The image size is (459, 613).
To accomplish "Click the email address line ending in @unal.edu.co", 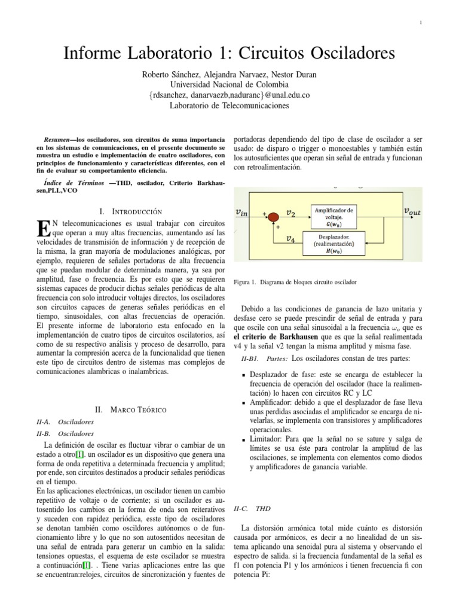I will tap(229, 95).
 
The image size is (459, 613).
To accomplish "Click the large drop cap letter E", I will tap(42, 229).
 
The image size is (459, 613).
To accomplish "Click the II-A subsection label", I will tap(45, 422).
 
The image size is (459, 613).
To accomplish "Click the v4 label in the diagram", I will tap(290, 239).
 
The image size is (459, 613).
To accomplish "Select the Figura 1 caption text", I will tap(293, 281).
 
